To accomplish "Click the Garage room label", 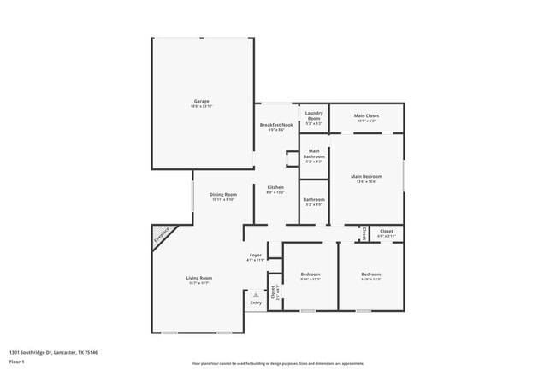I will click(201, 101).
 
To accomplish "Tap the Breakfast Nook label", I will click(275, 125).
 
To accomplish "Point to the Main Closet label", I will click(366, 115).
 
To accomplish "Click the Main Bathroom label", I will click(314, 155).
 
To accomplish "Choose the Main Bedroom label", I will click(366, 177).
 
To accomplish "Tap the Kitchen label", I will click(275, 187).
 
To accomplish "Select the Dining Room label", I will click(222, 195).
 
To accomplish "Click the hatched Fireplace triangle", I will click(161, 235).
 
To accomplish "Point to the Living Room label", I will click(199, 278).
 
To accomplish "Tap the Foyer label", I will click(256, 255).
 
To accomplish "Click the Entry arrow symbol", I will click(255, 295).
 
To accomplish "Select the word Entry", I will click(256, 303).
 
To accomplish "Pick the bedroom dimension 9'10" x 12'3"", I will click(309, 280).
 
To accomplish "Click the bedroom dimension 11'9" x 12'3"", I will click(370, 280).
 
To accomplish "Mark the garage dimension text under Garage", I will click(201, 106).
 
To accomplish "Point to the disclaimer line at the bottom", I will click(277, 363).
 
